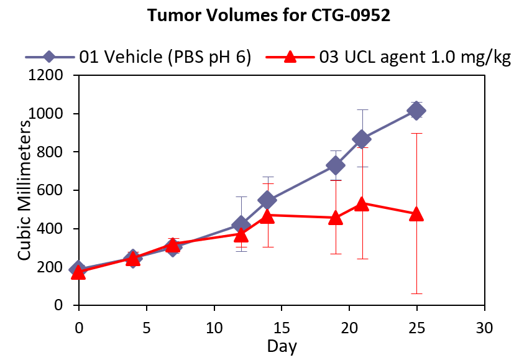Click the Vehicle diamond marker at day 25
pyautogui.click(x=416, y=111)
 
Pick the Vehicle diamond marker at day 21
pyautogui.click(x=362, y=139)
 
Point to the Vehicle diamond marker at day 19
pyautogui.click(x=336, y=165)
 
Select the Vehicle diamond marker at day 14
pyautogui.click(x=268, y=200)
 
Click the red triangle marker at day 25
pyautogui.click(x=416, y=214)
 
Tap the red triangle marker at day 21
pyautogui.click(x=362, y=203)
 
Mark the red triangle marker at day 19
pyautogui.click(x=336, y=218)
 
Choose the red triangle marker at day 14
pyautogui.click(x=268, y=216)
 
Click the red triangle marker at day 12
pyautogui.click(x=241, y=234)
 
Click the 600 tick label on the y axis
pyautogui.click(x=55, y=191)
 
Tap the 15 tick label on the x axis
pyautogui.click(x=282, y=327)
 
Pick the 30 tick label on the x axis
pyautogui.click(x=485, y=327)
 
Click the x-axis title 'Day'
pyautogui.click(x=282, y=346)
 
